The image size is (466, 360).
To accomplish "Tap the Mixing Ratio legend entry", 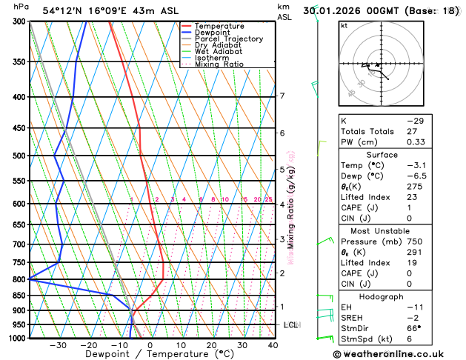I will pyautogui.click(x=219, y=64).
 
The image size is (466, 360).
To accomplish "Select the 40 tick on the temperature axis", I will pyautogui.click(x=273, y=345).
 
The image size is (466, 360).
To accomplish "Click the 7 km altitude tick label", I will pyautogui.click(x=282, y=96).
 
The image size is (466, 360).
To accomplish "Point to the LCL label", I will pyautogui.click(x=290, y=325).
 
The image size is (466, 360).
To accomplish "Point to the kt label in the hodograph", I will pyautogui.click(x=344, y=26).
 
